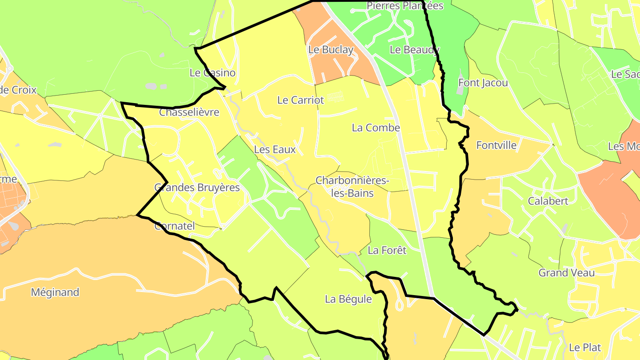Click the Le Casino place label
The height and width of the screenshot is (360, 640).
pyautogui.click(x=212, y=72)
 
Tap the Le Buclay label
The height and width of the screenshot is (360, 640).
pyautogui.click(x=331, y=50)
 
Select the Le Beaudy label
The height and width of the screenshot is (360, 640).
pyautogui.click(x=414, y=50)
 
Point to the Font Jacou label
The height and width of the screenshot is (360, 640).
pyautogui.click(x=483, y=83)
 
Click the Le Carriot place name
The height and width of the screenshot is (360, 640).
pyautogui.click(x=300, y=100)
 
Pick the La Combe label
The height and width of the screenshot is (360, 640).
pyautogui.click(x=376, y=128)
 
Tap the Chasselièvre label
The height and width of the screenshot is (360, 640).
pyautogui.click(x=189, y=112)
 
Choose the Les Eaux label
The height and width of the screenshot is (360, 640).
pyautogui.click(x=275, y=149)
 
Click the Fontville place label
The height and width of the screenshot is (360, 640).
pyautogui.click(x=496, y=145)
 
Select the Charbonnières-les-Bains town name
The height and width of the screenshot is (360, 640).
pyautogui.click(x=352, y=187)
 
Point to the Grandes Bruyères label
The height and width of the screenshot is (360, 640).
pyautogui.click(x=197, y=187)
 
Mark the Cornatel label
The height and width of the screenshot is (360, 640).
pyautogui.click(x=174, y=226)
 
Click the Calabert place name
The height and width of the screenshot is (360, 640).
pyautogui.click(x=548, y=201)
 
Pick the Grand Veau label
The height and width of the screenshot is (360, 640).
pyautogui.click(x=566, y=272)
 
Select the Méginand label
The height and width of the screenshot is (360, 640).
pyautogui.click(x=55, y=292)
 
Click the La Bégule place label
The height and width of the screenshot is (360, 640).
pyautogui.click(x=348, y=299)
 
